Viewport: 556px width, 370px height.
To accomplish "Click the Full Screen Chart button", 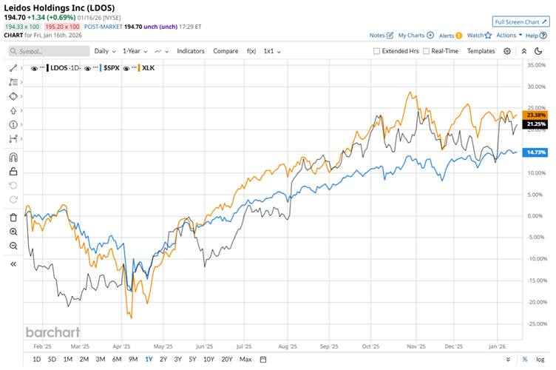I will pyautogui.click(x=521, y=22).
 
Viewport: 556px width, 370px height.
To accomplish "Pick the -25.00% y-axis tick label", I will pyautogui.click(x=534, y=323).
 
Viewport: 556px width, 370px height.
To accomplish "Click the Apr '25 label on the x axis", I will pyautogui.click(x=121, y=346).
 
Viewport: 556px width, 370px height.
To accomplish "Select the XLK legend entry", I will pyautogui.click(x=148, y=68).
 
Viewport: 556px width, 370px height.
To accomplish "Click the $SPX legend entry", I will pyautogui.click(x=111, y=68).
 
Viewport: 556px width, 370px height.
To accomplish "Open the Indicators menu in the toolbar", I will pyautogui.click(x=191, y=51).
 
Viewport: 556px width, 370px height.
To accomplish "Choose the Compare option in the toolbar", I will pyautogui.click(x=226, y=51).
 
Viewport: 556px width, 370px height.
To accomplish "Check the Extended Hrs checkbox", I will pyautogui.click(x=377, y=51).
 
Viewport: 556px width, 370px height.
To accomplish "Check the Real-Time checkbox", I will pyautogui.click(x=426, y=51).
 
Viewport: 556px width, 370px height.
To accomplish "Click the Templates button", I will pyautogui.click(x=481, y=51).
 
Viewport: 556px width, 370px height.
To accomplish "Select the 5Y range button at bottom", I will pyautogui.click(x=192, y=360).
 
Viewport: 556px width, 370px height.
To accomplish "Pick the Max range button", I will pyautogui.click(x=245, y=360).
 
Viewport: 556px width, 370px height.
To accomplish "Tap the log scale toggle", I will pyautogui.click(x=540, y=360).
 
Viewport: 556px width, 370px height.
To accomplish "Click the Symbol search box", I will pyautogui.click(x=48, y=51).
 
